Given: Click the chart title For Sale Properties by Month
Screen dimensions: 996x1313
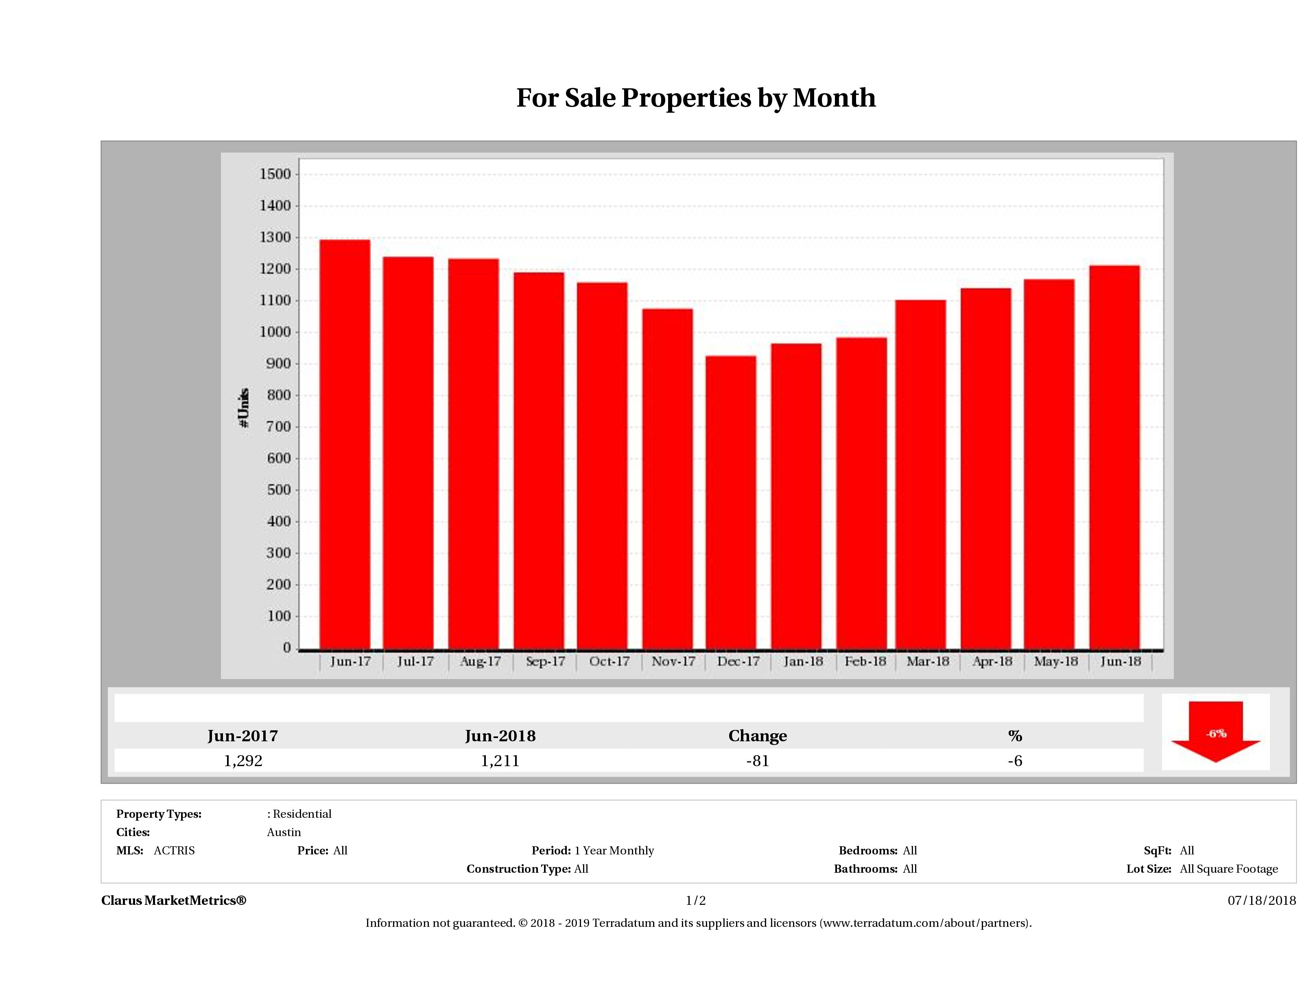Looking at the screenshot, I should [x=696, y=98].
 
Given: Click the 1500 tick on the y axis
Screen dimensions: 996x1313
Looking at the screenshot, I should [x=275, y=174].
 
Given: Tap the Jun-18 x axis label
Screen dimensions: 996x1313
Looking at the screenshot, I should [x=1121, y=661].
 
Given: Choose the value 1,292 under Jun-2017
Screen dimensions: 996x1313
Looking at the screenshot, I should [x=243, y=761].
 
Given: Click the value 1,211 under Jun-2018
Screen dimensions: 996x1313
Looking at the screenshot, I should [x=500, y=761].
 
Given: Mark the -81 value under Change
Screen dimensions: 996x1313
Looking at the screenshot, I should [x=758, y=761].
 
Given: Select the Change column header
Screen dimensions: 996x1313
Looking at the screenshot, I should [x=758, y=736].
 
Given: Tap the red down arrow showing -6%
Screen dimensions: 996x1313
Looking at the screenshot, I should [x=1215, y=732].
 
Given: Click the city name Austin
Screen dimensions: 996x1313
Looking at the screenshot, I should [x=284, y=832].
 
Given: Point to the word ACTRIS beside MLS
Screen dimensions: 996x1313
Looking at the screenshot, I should [x=174, y=851].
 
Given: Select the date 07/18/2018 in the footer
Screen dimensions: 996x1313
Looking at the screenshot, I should [x=1261, y=900].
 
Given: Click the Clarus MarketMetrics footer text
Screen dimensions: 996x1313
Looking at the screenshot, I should [x=173, y=900].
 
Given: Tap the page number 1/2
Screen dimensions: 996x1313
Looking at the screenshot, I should [x=696, y=900].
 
